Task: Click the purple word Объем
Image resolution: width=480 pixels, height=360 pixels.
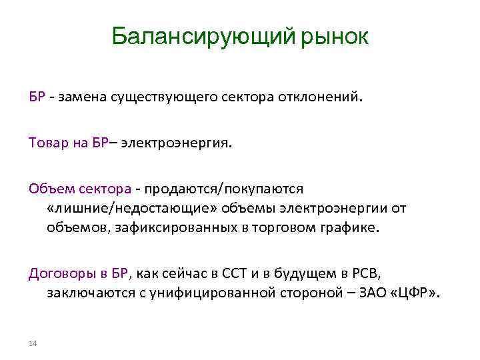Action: click(45, 189)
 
